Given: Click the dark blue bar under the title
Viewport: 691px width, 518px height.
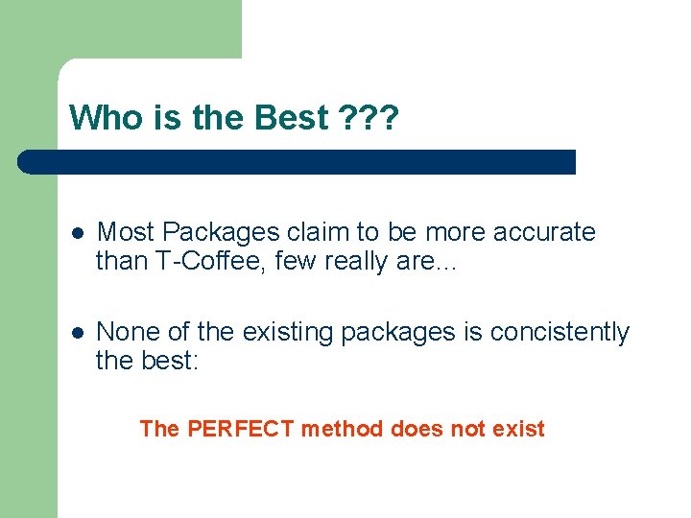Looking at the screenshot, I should [298, 161].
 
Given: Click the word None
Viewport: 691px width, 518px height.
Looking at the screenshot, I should [128, 332].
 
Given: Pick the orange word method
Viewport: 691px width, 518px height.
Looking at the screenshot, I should [343, 429].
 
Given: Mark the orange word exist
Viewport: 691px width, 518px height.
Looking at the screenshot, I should [518, 429].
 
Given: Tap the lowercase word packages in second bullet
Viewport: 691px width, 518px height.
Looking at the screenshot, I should [382, 332].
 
